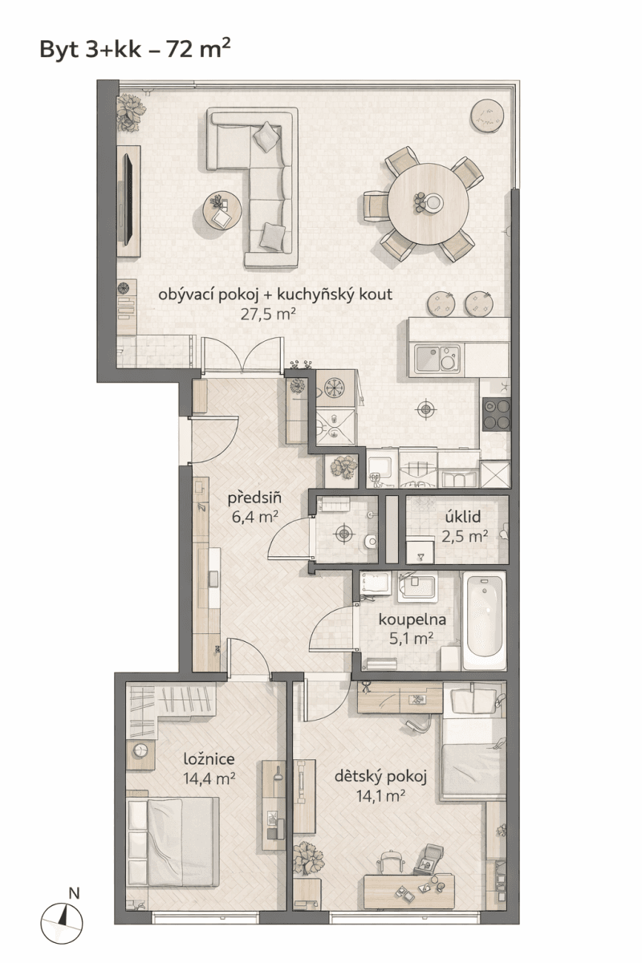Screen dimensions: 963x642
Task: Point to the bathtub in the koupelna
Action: [x=484, y=622]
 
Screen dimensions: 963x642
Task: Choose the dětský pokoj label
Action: [x=380, y=777]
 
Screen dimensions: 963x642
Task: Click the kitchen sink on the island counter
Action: [x=437, y=359]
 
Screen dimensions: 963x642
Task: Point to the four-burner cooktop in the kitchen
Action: [x=496, y=414]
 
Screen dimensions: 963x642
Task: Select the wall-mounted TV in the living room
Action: [x=127, y=201]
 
